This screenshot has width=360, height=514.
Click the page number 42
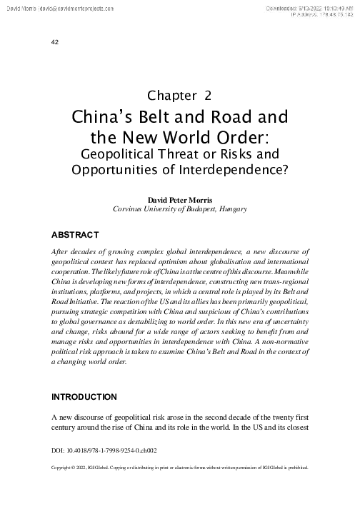(55, 41)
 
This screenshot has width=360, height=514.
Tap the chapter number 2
(207, 95)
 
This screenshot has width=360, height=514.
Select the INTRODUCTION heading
(85, 396)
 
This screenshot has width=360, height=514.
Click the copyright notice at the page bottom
(180, 469)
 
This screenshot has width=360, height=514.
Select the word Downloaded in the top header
(286, 6)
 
